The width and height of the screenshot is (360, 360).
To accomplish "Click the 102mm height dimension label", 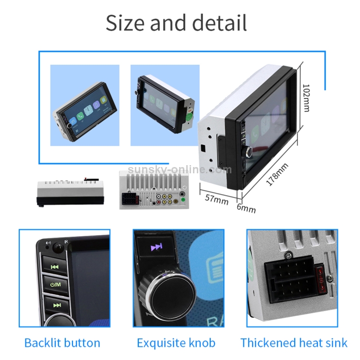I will click(x=306, y=98).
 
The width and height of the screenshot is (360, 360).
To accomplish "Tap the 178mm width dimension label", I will click(x=277, y=175).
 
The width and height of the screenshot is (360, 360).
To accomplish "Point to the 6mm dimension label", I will click(x=246, y=208).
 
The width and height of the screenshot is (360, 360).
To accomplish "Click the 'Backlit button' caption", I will click(x=62, y=343).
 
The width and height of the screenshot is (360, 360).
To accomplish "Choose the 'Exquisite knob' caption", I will click(x=176, y=343).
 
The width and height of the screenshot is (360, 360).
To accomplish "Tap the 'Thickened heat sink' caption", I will click(x=294, y=343).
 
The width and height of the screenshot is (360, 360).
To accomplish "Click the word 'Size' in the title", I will click(x=128, y=23).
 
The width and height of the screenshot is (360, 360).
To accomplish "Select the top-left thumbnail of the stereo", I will click(x=84, y=106).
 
